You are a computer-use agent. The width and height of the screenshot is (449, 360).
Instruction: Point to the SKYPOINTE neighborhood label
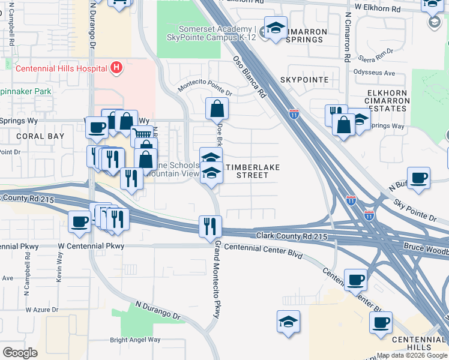point(304,80)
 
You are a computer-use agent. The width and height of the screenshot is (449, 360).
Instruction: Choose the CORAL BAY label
point(40,136)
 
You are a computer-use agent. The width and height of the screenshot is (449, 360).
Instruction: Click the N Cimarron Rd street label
point(348,37)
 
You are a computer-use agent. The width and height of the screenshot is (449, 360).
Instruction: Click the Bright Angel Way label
point(135,340)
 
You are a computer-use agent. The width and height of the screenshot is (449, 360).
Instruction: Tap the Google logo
point(20,352)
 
